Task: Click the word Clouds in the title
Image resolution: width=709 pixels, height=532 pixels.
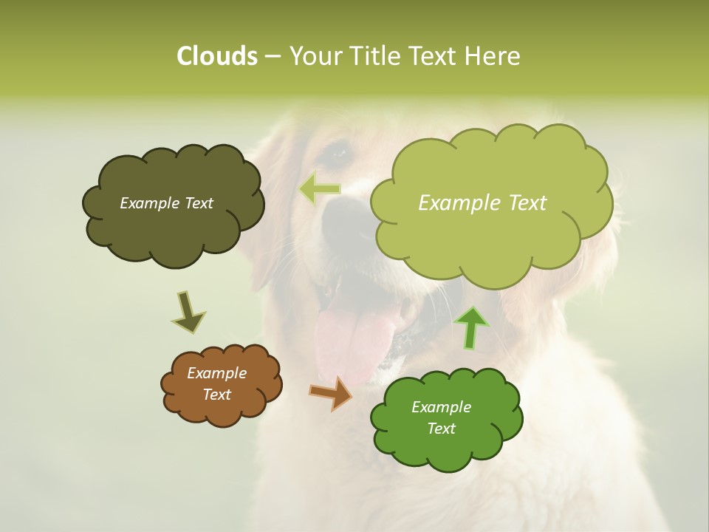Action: pyautogui.click(x=216, y=56)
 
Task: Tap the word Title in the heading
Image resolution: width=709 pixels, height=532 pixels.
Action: pyautogui.click(x=374, y=56)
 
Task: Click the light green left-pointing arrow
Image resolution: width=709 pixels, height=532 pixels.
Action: pyautogui.click(x=320, y=189)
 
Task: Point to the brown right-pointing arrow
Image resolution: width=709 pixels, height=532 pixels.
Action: pyautogui.click(x=332, y=393)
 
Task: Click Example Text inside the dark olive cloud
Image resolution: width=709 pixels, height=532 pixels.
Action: pyautogui.click(x=167, y=203)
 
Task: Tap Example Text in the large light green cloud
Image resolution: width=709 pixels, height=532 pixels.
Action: pyautogui.click(x=482, y=203)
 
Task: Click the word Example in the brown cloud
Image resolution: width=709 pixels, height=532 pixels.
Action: pyautogui.click(x=216, y=373)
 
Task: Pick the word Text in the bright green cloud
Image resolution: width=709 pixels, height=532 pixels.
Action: pyautogui.click(x=441, y=429)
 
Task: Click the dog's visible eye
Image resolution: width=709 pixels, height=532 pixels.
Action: pyautogui.click(x=339, y=153)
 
